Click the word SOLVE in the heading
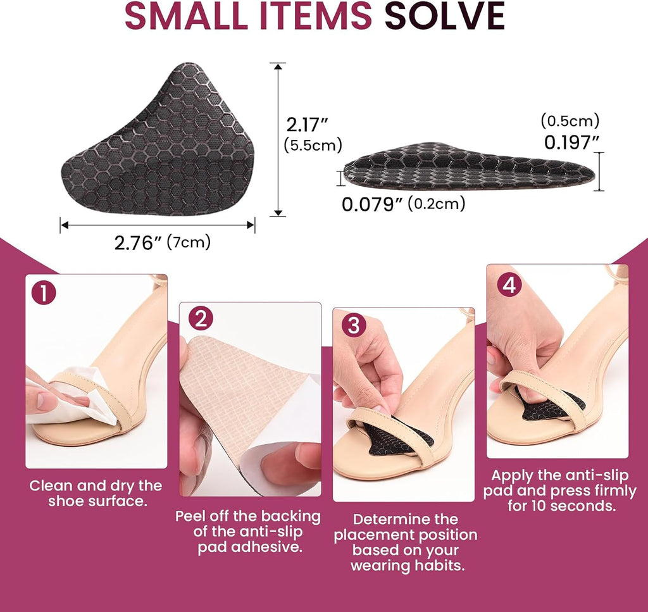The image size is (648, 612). coord(445,16)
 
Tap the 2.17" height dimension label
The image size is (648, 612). coord(307,125)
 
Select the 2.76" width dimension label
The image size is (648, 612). coord(134,243)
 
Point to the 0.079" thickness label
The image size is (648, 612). coord(372,204)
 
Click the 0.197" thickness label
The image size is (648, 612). coord(571,143)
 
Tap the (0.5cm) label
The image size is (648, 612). coord(570,121)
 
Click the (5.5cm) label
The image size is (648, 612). coord(313,145)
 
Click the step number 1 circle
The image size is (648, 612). coord(44,293)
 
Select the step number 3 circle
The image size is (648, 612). coord(354,325)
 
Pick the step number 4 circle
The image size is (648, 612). coord(509,285)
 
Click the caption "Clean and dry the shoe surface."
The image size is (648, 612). coord(96,493)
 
